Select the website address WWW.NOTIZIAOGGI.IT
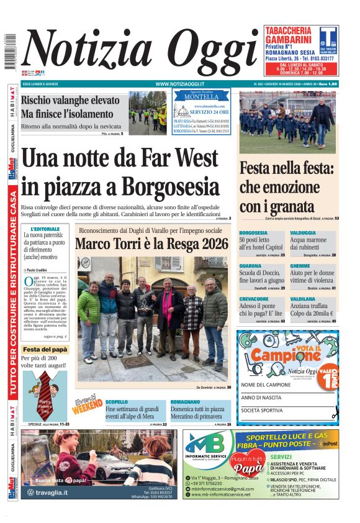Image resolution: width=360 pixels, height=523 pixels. coord(180,84)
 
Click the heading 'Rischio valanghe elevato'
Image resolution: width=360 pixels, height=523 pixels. coord(70,101)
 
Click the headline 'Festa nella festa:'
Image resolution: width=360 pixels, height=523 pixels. coord(287,168)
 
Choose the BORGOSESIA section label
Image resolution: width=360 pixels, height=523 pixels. coord(253,233)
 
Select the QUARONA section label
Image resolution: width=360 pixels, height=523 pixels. coord(250,266)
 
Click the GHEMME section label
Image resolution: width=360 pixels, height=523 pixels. coord(300,266)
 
